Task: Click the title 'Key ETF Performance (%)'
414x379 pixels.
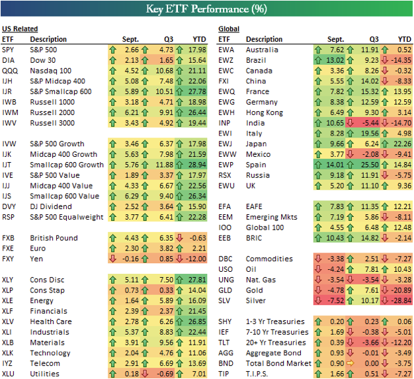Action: tap(206, 10)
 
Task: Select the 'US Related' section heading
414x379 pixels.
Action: tap(19, 29)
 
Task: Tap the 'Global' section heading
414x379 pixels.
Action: tap(229, 29)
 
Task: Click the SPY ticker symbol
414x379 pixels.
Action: tap(9, 50)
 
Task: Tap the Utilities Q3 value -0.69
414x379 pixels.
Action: tap(165, 374)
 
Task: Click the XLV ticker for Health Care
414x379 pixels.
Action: tap(9, 322)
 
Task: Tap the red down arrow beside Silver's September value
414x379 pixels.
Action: tap(320, 300)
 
